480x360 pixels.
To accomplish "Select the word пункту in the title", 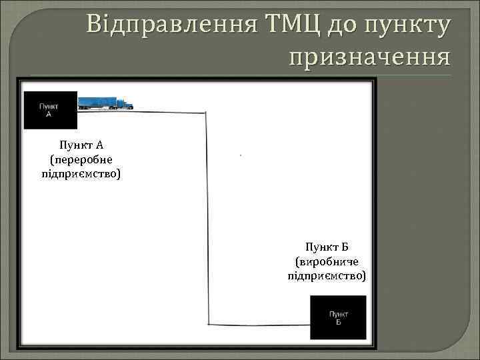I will (406, 25).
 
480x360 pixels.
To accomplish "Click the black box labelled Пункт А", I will (50, 110).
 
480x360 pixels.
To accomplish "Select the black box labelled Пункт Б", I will (339, 317).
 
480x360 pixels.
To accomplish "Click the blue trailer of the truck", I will (97, 103).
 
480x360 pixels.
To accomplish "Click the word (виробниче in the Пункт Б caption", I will (326, 261).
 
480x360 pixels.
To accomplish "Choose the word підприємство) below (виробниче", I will (326, 275).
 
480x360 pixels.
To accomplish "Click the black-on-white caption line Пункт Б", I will (326, 247).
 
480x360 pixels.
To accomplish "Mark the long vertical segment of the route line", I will (207, 220).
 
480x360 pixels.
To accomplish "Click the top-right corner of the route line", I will (205, 114).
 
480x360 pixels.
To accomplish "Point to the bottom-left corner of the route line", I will (209, 324).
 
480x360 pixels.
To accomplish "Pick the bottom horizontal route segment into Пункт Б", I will (260, 325).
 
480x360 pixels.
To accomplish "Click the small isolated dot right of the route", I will (239, 155).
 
